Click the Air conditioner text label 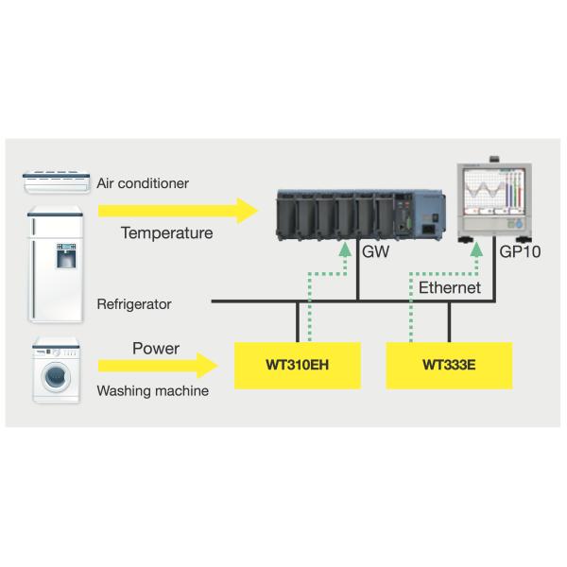tap(142, 181)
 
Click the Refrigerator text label tap(134, 304)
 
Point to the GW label tap(376, 254)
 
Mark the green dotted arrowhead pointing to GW tap(342, 250)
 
